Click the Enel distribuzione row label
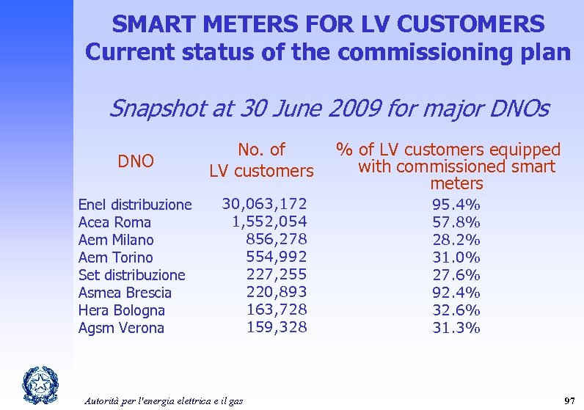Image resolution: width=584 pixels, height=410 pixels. point(135,205)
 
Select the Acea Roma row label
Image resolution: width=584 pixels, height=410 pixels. point(114,222)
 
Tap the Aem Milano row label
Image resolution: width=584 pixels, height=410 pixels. point(116,240)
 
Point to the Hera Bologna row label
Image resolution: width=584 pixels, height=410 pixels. point(122,310)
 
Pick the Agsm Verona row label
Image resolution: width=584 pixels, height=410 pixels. point(121,328)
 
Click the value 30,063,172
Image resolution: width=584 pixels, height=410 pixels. point(264,203)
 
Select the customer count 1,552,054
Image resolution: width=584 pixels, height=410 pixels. point(269,222)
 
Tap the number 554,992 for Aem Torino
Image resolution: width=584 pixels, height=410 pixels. point(276,257)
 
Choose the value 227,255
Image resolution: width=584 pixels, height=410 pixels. point(276,274)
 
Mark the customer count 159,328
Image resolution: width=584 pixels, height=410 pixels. point(276,327)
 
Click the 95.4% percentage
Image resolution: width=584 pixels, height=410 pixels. point(456,204)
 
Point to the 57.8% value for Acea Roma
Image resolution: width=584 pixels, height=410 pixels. point(456,222)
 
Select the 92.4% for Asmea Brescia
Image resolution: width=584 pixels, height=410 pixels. point(456,293)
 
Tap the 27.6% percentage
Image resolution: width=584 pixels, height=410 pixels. point(456,275)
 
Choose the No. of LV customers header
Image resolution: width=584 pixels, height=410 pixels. point(261,161)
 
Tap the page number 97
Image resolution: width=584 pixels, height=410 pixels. point(568,400)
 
